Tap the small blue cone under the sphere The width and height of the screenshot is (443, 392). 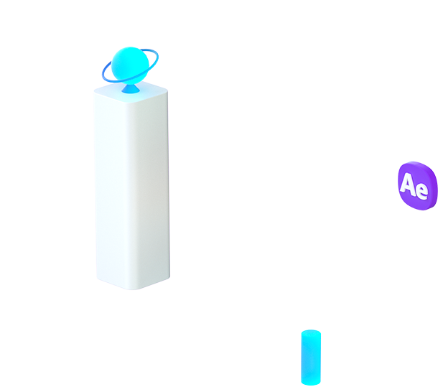coord(131,89)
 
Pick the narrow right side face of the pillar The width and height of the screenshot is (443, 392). coord(160,187)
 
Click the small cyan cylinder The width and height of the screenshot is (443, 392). coord(310,358)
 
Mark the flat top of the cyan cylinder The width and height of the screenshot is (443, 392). coord(310,333)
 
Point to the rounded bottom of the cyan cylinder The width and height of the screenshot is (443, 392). coord(310,382)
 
